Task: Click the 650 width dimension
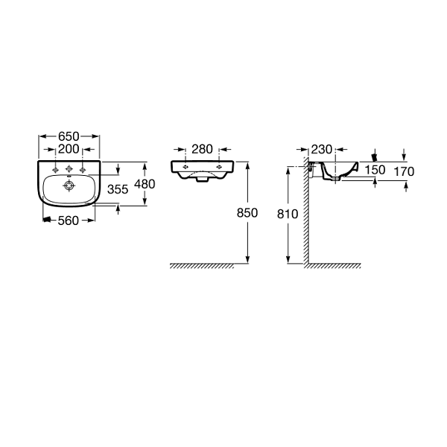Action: pos(69,136)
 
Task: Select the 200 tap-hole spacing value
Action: pos(69,149)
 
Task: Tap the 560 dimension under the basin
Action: pos(68,221)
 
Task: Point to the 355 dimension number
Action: pos(118,189)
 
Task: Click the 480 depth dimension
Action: pos(145,184)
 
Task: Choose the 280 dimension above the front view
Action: pos(202,149)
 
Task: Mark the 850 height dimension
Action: pos(247,212)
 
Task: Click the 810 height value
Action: pos(288,214)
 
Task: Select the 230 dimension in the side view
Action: pos(322,150)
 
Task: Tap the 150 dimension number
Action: pos(375,170)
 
